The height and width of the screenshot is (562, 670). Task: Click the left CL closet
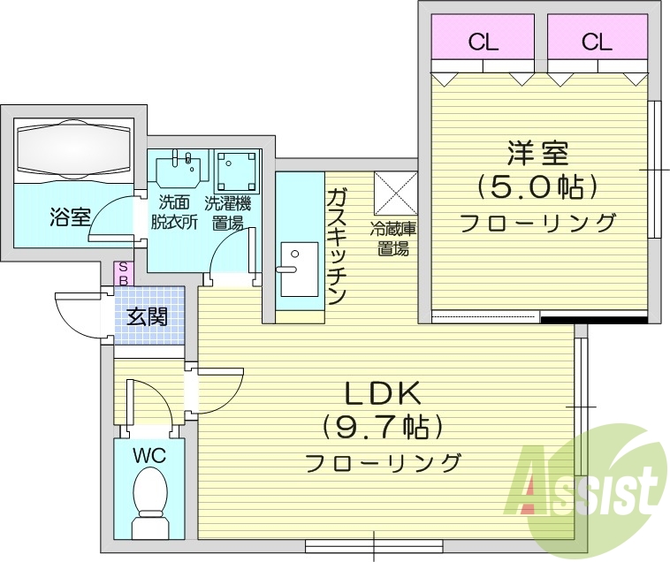tap(482, 41)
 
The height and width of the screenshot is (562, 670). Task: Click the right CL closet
tap(597, 41)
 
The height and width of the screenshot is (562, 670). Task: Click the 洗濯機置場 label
tap(227, 212)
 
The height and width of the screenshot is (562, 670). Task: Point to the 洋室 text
tap(537, 154)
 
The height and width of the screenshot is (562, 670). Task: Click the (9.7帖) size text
tap(384, 428)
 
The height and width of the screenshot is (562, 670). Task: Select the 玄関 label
tap(147, 315)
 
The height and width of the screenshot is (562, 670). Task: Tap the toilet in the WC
tap(149, 499)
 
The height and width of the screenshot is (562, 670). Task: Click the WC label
tap(149, 456)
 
